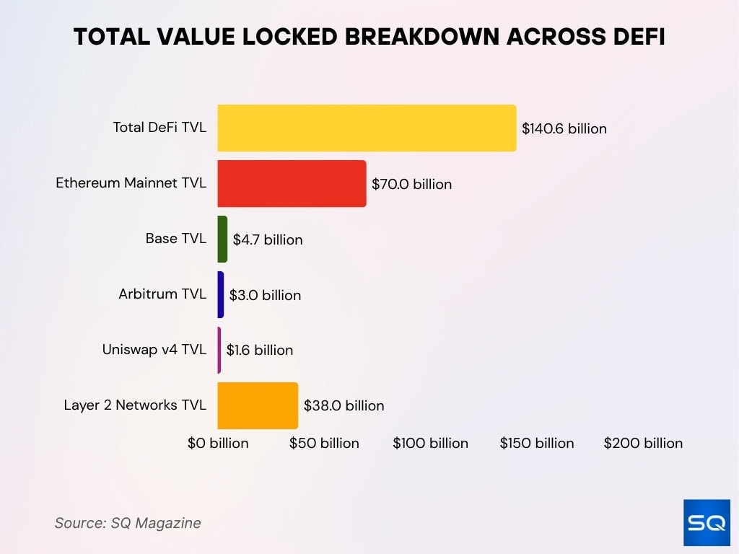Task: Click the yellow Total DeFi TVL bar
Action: tap(367, 128)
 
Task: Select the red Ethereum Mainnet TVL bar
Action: tap(292, 184)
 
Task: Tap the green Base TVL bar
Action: tap(222, 239)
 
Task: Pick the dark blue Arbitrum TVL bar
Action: tap(221, 294)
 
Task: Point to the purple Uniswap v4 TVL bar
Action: tap(219, 350)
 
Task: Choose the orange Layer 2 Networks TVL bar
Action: tap(258, 405)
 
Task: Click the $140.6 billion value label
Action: tap(564, 129)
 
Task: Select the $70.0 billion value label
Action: tap(411, 185)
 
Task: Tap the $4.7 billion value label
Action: tap(268, 239)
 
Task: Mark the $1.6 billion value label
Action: tap(260, 351)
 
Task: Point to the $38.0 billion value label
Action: tap(344, 406)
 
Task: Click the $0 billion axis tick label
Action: tap(218, 443)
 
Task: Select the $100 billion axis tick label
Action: tap(430, 443)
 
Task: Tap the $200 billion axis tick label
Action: tap(643, 443)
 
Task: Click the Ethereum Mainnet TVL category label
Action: tap(131, 183)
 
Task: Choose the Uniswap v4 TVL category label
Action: tap(154, 350)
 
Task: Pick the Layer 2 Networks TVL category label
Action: tap(135, 405)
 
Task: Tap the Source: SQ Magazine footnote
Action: tap(128, 523)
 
